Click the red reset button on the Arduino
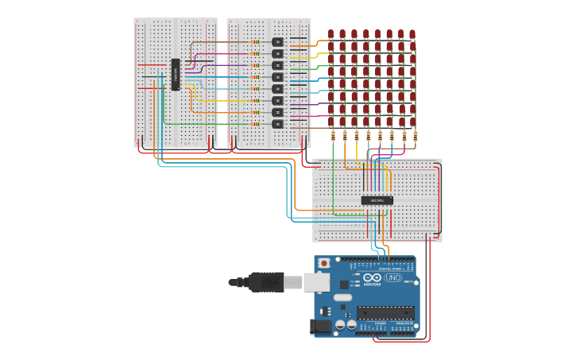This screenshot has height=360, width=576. [x=324, y=263]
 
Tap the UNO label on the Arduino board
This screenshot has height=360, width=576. [x=393, y=277]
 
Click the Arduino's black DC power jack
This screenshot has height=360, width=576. [x=320, y=326]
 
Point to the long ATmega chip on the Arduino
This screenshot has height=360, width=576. [x=385, y=312]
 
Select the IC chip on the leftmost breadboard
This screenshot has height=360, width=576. [x=176, y=74]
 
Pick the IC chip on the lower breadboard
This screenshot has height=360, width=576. [x=377, y=200]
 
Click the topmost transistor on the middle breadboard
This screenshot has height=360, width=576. [x=277, y=42]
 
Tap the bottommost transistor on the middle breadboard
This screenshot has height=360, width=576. [x=277, y=124]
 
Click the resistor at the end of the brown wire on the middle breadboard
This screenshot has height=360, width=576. [x=255, y=42]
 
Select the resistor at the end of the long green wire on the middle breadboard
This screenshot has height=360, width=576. [x=255, y=124]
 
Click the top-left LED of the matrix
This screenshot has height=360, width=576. [x=331, y=34]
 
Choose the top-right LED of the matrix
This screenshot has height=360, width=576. [x=412, y=34]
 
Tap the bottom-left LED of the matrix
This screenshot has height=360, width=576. [x=331, y=121]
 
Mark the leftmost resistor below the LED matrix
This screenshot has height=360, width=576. [x=333, y=136]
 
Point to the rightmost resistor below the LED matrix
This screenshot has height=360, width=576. [x=416, y=136]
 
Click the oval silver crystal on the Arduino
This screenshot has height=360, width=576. [x=342, y=297]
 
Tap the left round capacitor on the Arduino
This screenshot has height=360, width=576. [x=340, y=324]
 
